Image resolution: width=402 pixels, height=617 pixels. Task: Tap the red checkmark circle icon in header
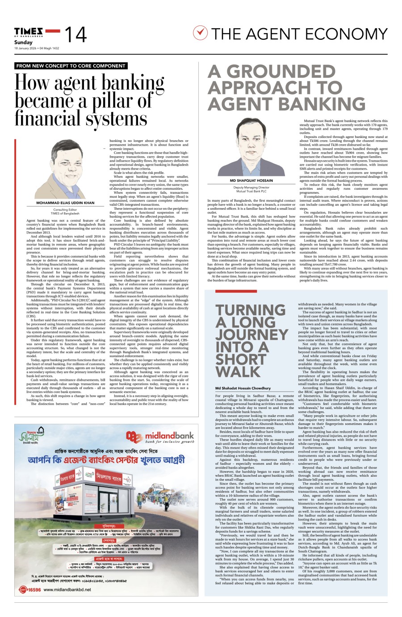coord(201,33)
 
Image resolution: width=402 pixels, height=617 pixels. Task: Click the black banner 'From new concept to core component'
coord(71,66)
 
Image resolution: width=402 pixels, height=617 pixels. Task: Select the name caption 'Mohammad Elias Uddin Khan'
coord(65,203)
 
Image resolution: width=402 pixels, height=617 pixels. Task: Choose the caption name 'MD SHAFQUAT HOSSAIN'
coord(251,181)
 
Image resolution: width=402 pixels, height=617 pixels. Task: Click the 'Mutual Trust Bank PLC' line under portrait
coord(251,191)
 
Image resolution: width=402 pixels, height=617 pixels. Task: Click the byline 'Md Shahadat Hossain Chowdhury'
coord(243,388)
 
